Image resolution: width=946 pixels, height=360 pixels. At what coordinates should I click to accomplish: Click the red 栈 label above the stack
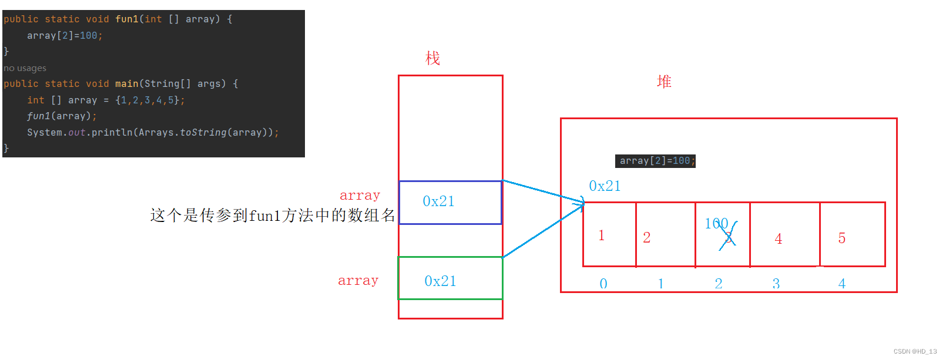[x=432, y=58]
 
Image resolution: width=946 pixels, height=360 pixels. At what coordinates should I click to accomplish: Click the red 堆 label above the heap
[x=664, y=82]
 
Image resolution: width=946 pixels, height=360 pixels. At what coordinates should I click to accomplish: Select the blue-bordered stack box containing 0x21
[x=450, y=202]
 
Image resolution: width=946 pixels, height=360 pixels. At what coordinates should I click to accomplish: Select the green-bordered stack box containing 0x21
[x=450, y=278]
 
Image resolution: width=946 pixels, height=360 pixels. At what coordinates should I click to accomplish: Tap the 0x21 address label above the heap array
[x=605, y=186]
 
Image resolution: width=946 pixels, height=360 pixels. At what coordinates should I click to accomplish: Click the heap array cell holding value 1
[x=609, y=234]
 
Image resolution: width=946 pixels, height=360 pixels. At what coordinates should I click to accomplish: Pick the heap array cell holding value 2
[x=665, y=234]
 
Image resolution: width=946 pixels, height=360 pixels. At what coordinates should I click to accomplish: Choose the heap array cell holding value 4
[x=784, y=234]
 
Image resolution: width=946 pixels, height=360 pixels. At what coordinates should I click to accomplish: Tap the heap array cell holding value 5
[x=852, y=234]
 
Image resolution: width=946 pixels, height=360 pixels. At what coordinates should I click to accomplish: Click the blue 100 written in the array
[x=716, y=223]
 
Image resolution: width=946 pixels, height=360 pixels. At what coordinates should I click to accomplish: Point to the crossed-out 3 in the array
[x=729, y=237]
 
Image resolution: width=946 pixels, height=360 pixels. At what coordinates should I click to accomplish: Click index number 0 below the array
[x=603, y=284]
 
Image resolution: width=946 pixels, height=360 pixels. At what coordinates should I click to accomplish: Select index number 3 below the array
[x=776, y=284]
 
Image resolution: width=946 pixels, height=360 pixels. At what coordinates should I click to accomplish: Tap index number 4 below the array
[x=842, y=284]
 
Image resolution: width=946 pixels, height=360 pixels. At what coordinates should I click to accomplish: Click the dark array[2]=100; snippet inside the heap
[x=655, y=161]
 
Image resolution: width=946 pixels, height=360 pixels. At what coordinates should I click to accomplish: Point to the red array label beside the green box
[x=358, y=281]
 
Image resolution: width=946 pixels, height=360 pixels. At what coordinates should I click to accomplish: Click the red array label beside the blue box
[x=360, y=196]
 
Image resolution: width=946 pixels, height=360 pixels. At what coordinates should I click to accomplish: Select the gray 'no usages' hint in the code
[x=25, y=68]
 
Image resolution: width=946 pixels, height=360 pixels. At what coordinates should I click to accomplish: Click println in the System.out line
[x=112, y=133]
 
